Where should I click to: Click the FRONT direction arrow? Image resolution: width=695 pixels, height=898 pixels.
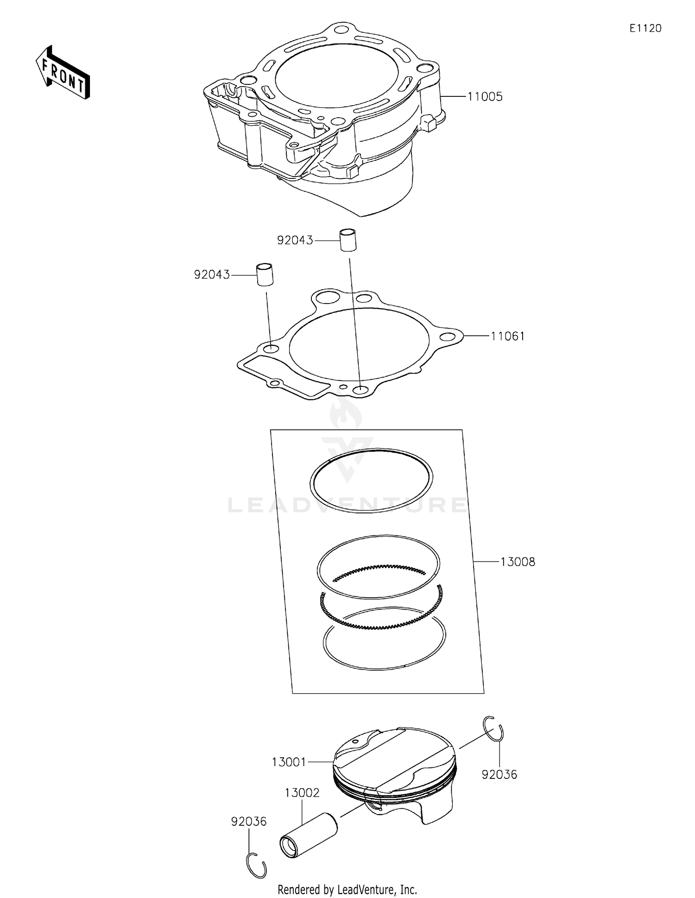pos(63,73)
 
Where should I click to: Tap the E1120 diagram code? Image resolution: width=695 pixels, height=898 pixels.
pos(645,28)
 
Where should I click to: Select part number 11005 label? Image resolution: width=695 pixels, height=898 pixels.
pos(485,97)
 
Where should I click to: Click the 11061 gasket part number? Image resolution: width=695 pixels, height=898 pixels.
pos(508,336)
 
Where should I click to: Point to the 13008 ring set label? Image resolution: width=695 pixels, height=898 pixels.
pos(518,562)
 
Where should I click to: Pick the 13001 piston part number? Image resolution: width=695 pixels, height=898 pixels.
pos(289,762)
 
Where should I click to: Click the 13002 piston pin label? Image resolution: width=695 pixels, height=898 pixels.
pos(302,793)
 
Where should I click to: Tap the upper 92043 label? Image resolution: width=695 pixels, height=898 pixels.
pos(295,240)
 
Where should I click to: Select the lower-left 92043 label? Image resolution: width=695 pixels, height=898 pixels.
pos(212,275)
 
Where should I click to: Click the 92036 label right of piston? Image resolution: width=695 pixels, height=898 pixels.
pos(499,774)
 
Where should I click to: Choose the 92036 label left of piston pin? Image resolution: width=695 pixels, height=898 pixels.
pos(249,822)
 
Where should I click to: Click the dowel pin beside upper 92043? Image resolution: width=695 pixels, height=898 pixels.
pos(349,240)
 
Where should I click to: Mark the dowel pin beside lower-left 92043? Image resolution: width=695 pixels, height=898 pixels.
pos(265,274)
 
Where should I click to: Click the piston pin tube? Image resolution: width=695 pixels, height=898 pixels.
pos(309,835)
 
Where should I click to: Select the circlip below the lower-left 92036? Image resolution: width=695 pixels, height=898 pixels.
pos(256,865)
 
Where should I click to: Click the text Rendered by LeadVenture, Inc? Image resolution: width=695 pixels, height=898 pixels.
pos(347,890)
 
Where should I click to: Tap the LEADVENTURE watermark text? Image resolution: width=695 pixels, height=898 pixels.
pos(347,505)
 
